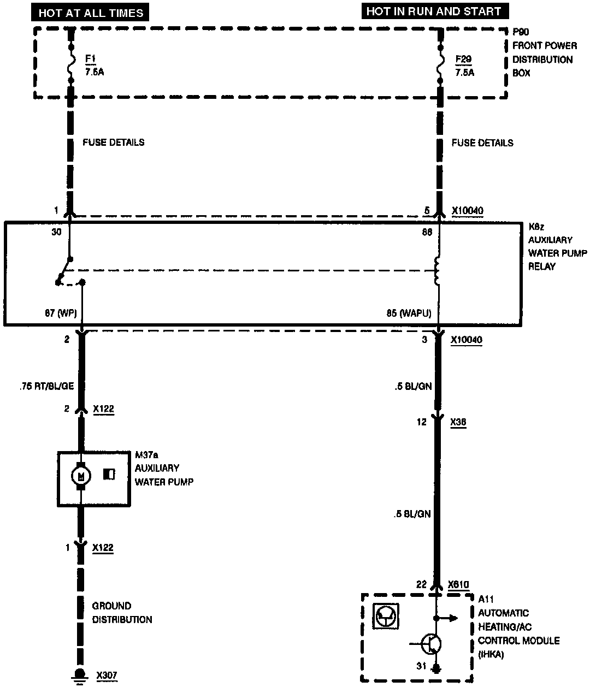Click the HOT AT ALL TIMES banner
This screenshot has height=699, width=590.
click(x=91, y=13)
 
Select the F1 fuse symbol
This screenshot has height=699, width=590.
click(x=70, y=64)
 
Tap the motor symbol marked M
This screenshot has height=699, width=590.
click(x=81, y=476)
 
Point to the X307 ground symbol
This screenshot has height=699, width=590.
click(x=80, y=675)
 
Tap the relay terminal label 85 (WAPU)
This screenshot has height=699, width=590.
click(x=408, y=313)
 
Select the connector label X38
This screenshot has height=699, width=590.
click(x=458, y=422)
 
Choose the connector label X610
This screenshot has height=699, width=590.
click(x=458, y=584)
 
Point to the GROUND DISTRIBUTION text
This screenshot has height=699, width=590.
click(x=121, y=613)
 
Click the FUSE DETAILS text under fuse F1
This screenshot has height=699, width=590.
click(x=114, y=143)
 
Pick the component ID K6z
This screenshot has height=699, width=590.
click(x=535, y=226)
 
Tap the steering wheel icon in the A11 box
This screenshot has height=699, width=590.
click(x=387, y=616)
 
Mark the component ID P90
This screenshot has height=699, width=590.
click(x=521, y=32)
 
